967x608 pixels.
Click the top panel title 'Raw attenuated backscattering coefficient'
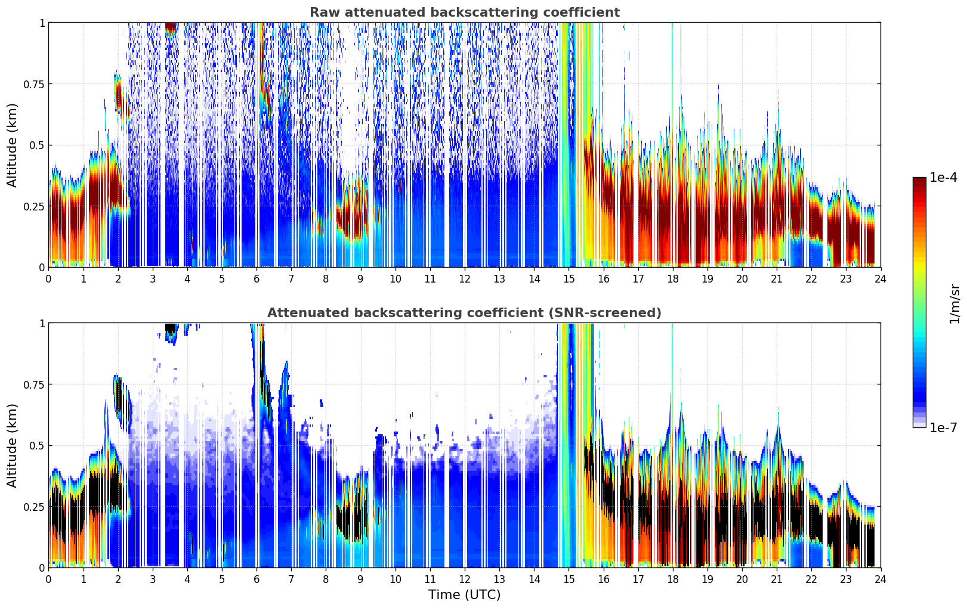click(x=464, y=13)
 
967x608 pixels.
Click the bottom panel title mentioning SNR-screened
click(x=464, y=313)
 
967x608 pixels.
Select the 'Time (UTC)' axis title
click(x=464, y=595)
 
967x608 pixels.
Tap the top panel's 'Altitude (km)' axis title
click(x=13, y=145)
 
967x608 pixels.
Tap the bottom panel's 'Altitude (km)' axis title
click(x=13, y=445)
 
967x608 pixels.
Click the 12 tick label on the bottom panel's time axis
click(x=465, y=579)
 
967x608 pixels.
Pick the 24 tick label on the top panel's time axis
click(x=881, y=279)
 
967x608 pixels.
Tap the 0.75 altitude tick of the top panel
click(x=33, y=84)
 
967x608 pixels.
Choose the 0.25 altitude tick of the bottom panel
click(x=33, y=507)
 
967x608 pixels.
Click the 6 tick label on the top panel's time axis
click(x=257, y=279)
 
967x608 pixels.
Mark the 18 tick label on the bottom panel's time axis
click(x=673, y=579)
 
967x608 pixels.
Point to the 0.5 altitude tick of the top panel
click(x=37, y=145)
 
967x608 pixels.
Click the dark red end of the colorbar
click(x=919, y=181)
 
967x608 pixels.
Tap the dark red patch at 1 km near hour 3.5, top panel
click(x=171, y=27)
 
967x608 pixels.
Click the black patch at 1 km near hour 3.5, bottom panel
click(x=171, y=328)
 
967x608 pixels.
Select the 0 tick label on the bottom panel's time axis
click(x=48, y=579)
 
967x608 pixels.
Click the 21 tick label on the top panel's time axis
click(x=777, y=279)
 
